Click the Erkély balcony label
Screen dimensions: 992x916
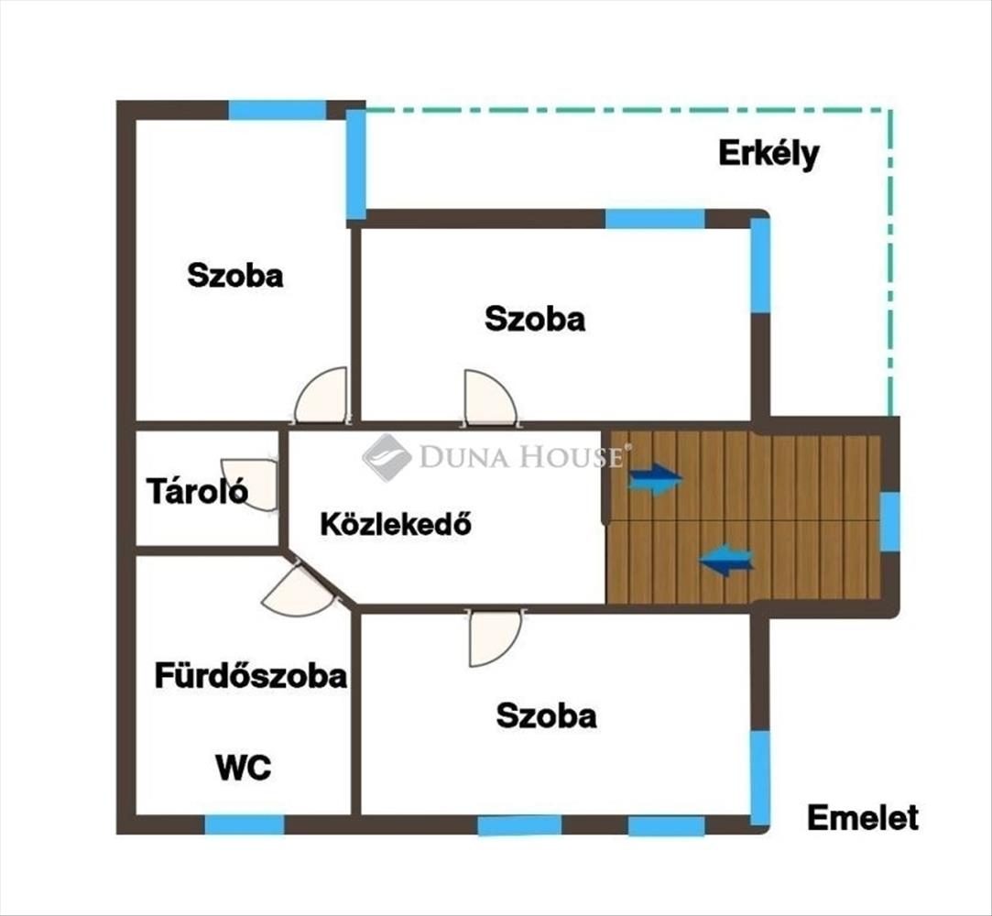(769, 155)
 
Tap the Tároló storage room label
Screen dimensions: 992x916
(197, 491)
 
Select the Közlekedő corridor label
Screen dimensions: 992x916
(396, 524)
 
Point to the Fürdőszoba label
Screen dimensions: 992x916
(251, 676)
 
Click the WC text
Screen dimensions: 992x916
(244, 768)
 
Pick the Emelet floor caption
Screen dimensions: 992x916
(863, 818)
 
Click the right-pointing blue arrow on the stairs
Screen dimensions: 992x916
(656, 479)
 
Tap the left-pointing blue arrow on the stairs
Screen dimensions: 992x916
(726, 560)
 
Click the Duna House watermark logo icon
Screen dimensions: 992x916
(387, 457)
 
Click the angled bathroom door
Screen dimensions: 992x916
(298, 590)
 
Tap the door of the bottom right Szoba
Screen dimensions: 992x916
(495, 638)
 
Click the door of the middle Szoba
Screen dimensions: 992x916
(490, 398)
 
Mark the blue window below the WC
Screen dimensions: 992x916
(245, 824)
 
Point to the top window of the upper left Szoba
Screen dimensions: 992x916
(278, 110)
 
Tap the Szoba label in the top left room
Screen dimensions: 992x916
(235, 276)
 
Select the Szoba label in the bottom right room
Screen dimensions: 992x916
(547, 715)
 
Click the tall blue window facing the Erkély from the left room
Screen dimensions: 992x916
(356, 165)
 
